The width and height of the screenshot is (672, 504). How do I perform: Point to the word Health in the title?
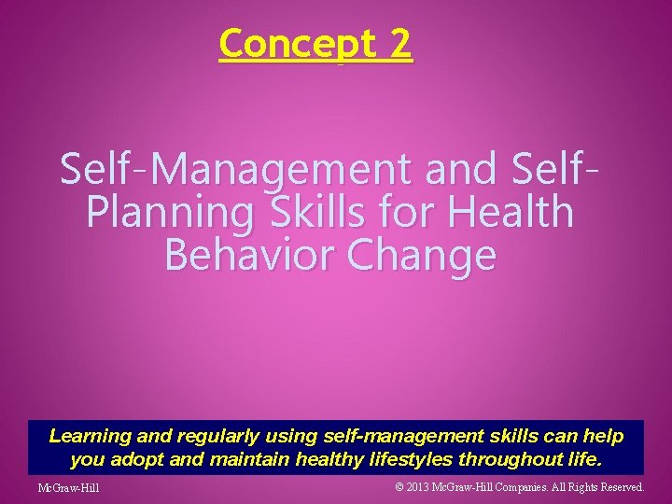[x=511, y=212]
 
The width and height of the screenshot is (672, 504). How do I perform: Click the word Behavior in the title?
[x=245, y=254]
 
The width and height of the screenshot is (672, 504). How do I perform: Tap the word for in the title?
[x=403, y=212]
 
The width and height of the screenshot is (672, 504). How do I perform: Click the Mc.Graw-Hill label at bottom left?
[x=68, y=488]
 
